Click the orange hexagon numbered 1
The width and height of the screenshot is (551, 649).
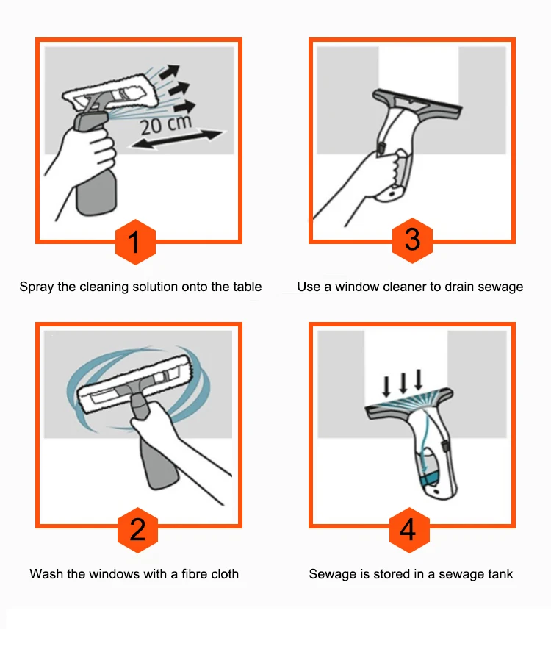click(135, 242)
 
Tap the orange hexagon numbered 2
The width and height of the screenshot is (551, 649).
click(138, 530)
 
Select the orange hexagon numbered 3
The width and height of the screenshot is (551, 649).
click(412, 240)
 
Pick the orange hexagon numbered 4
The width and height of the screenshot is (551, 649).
click(409, 530)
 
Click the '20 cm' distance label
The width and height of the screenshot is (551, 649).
click(166, 125)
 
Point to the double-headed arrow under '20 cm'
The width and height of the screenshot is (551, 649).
click(176, 139)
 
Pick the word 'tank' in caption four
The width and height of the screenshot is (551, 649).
click(500, 574)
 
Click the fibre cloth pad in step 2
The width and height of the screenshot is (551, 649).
click(135, 384)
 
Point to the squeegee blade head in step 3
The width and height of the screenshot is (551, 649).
click(417, 104)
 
